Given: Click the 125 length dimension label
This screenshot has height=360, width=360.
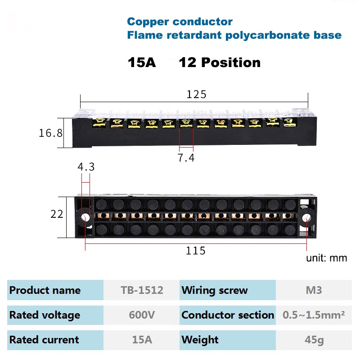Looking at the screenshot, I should tap(196, 94).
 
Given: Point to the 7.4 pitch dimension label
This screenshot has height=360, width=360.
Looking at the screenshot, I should tap(186, 158).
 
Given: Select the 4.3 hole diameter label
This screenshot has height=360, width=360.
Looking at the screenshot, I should tap(86, 167).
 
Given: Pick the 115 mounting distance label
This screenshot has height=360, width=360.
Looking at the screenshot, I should tap(196, 251).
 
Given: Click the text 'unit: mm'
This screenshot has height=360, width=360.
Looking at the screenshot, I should tap(327, 258).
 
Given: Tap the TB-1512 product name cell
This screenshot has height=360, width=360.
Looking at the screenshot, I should tap(142, 290).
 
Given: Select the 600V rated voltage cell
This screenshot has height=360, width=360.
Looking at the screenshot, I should tap(142, 315).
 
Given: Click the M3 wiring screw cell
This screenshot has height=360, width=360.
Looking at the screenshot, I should tap(313, 290).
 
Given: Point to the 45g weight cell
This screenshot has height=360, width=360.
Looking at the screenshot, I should tap(314, 340).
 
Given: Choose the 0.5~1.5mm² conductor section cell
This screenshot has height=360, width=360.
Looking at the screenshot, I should tap(314, 315).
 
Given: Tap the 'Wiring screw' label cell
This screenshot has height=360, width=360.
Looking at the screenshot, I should tap(215, 290).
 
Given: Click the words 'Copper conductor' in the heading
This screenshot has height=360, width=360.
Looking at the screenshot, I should tap(180, 22).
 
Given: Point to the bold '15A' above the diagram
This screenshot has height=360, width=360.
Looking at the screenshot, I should tap(142, 63).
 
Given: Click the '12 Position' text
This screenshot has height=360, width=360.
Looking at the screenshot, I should tap(220, 63).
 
